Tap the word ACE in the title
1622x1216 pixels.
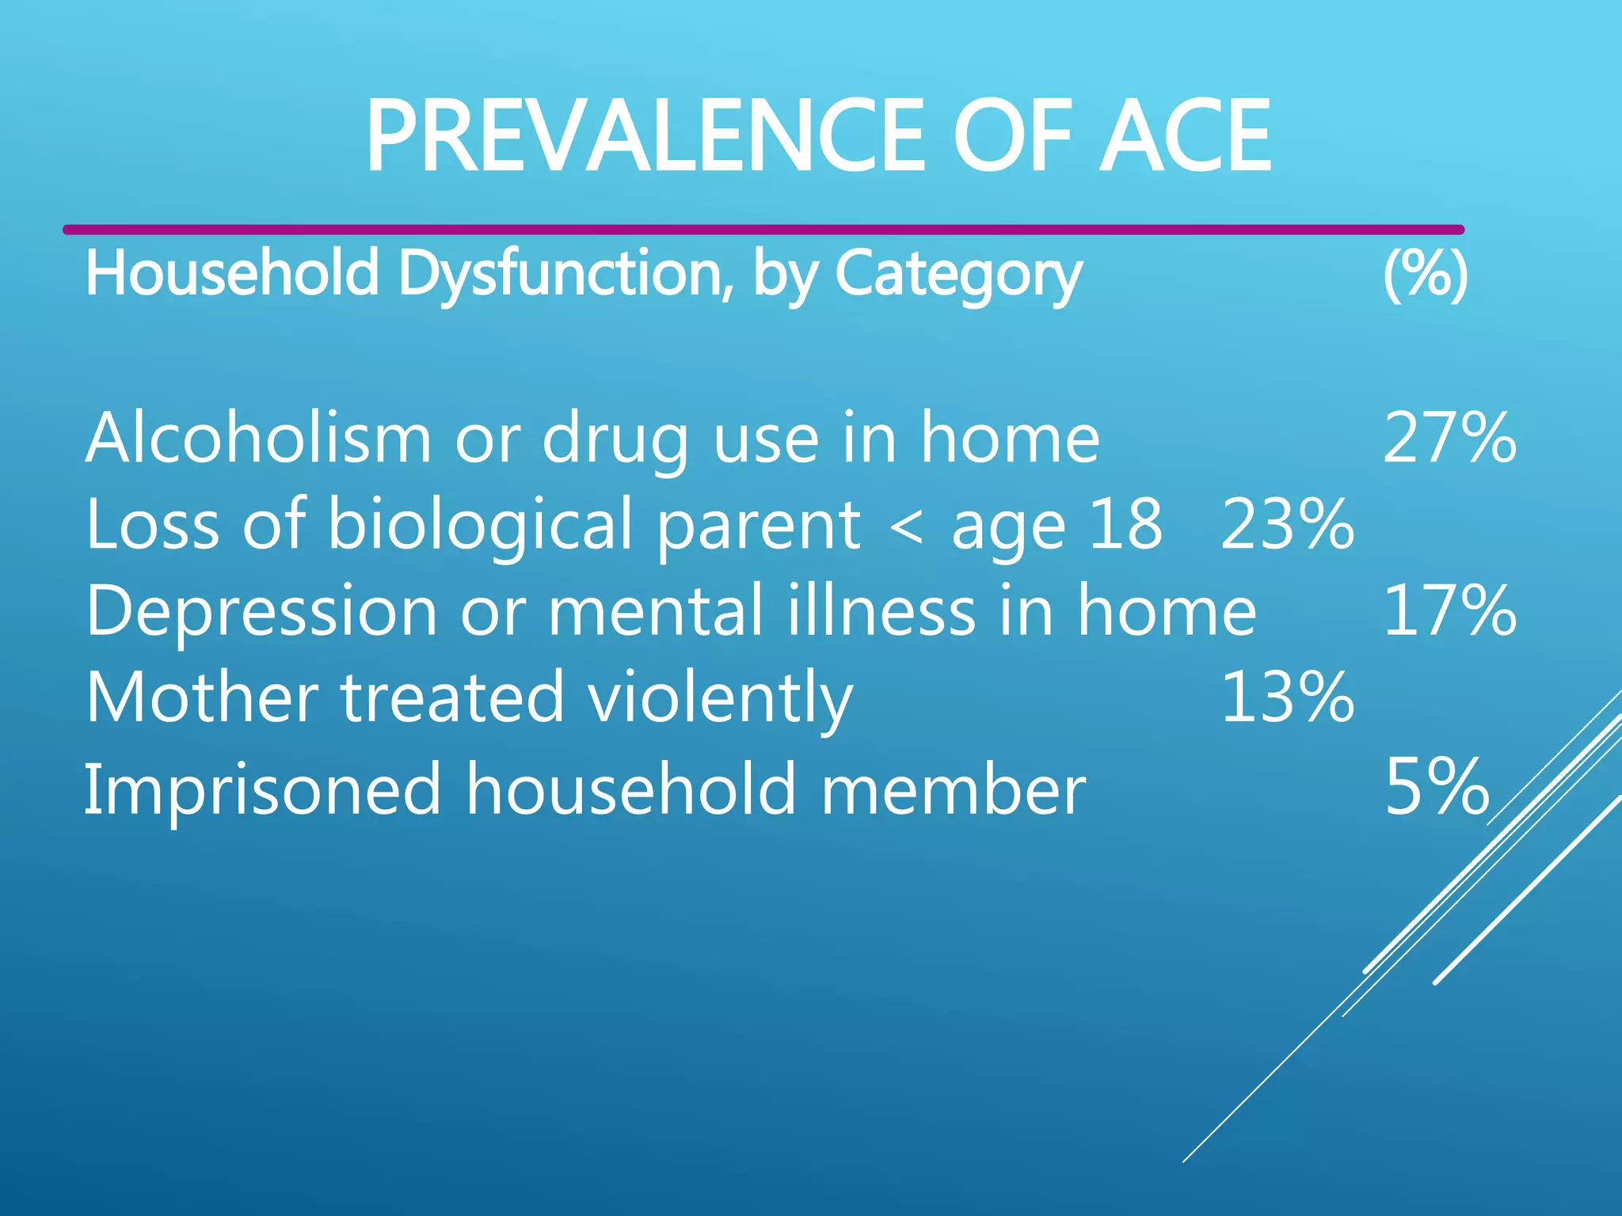[x=1186, y=136]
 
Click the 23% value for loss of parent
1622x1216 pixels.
[x=1287, y=524]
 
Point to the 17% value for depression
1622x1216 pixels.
[x=1449, y=610]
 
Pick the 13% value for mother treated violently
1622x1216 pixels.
[x=1287, y=697]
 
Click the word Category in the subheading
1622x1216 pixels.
[x=958, y=274]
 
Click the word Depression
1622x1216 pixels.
[x=261, y=610]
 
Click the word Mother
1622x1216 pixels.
[x=202, y=697]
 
